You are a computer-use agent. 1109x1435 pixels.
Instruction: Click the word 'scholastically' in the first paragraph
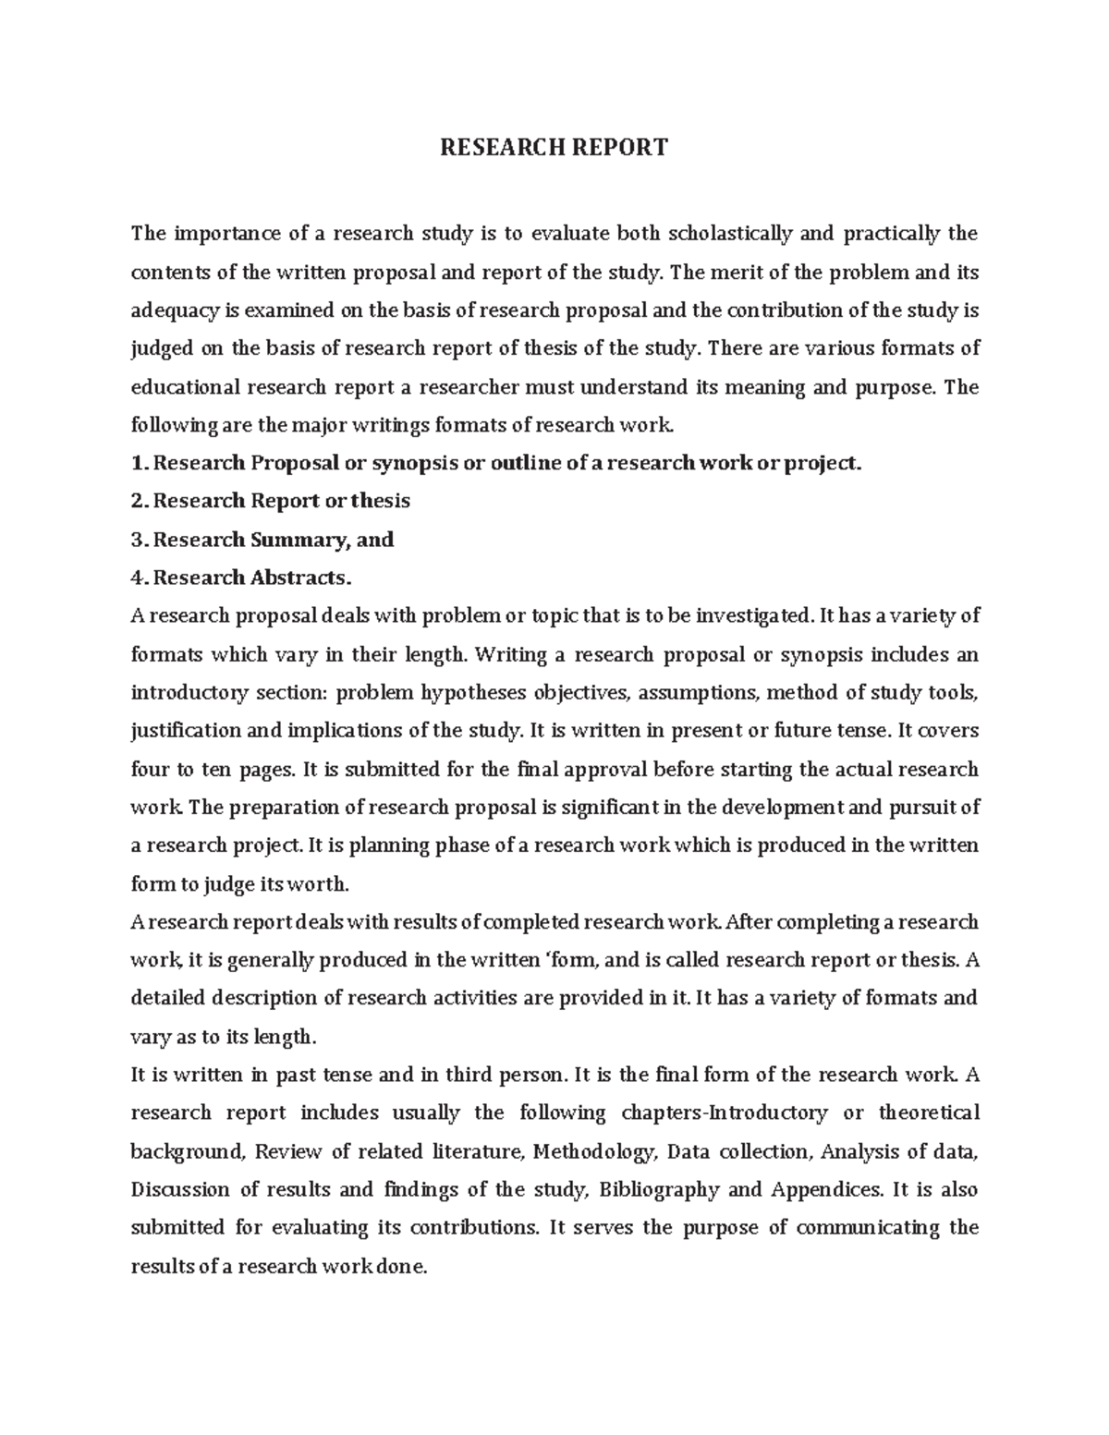click(729, 233)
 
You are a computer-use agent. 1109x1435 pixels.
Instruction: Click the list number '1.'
click(140, 463)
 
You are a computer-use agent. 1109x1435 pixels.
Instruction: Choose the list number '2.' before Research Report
click(140, 501)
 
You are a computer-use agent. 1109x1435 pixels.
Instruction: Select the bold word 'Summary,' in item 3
click(315, 540)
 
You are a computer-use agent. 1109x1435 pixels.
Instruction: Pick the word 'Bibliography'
click(660, 1189)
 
